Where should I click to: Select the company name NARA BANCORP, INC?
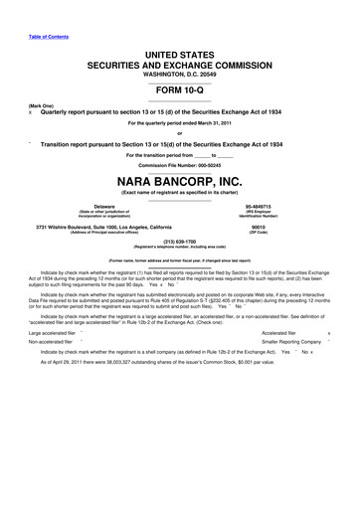coord(179,182)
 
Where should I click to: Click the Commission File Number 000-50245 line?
coord(179,164)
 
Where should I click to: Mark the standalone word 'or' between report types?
coord(179,133)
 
